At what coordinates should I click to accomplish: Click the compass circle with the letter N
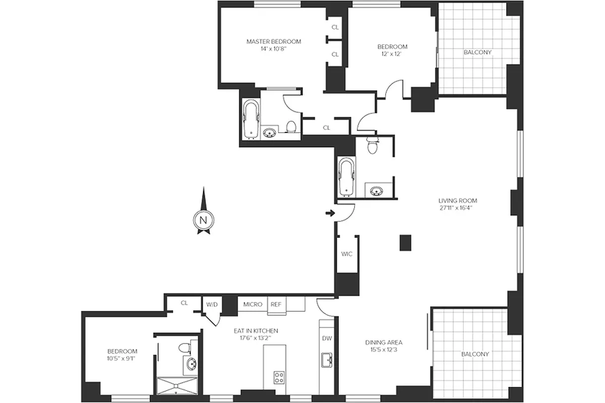point(203,220)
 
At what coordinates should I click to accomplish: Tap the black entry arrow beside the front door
point(330,214)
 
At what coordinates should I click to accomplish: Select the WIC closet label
point(347,254)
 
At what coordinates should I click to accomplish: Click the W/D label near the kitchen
point(211,304)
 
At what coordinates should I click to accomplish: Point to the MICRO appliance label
point(253,304)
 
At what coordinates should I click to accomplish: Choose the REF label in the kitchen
point(276,304)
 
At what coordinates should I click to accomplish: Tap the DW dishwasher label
point(327,338)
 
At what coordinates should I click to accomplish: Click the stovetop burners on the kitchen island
point(279,376)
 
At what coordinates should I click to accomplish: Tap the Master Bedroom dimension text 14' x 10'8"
point(274,49)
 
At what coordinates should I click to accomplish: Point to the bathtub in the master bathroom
point(251,119)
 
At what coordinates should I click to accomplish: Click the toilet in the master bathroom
point(291,126)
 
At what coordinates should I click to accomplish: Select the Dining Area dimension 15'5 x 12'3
point(384,350)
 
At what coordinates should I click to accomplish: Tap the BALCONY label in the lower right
point(475,354)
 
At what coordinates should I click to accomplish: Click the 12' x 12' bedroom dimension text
point(392,54)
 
